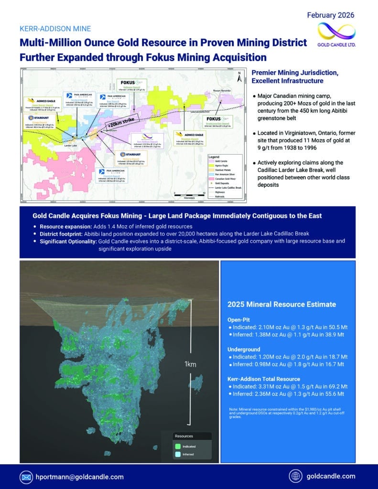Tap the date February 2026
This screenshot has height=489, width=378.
click(331, 15)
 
